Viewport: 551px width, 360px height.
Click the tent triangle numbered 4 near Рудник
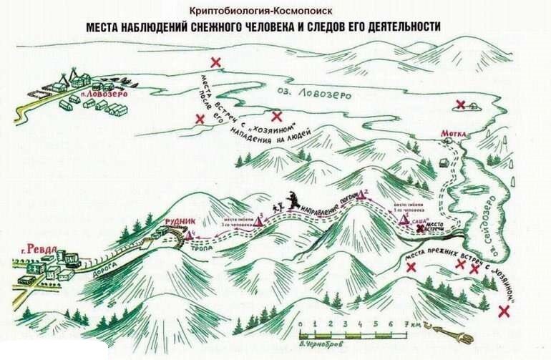click(x=188, y=235)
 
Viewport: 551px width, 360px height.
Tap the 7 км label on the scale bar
click(x=413, y=324)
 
